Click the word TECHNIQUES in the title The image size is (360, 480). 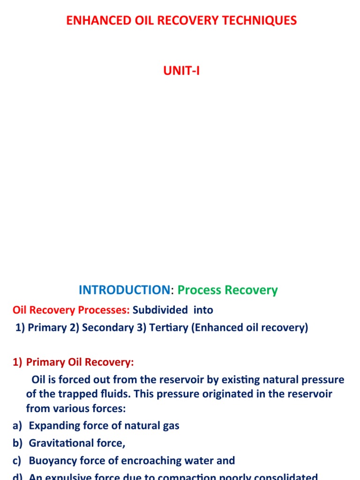(265, 21)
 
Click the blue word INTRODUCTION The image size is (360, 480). (124, 290)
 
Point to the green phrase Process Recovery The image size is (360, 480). (228, 290)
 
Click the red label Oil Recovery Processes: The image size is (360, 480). (71, 310)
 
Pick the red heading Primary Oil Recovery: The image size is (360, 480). (80, 362)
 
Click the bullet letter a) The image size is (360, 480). (17, 426)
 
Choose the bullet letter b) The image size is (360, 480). (17, 443)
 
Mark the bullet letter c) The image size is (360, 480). (17, 460)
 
